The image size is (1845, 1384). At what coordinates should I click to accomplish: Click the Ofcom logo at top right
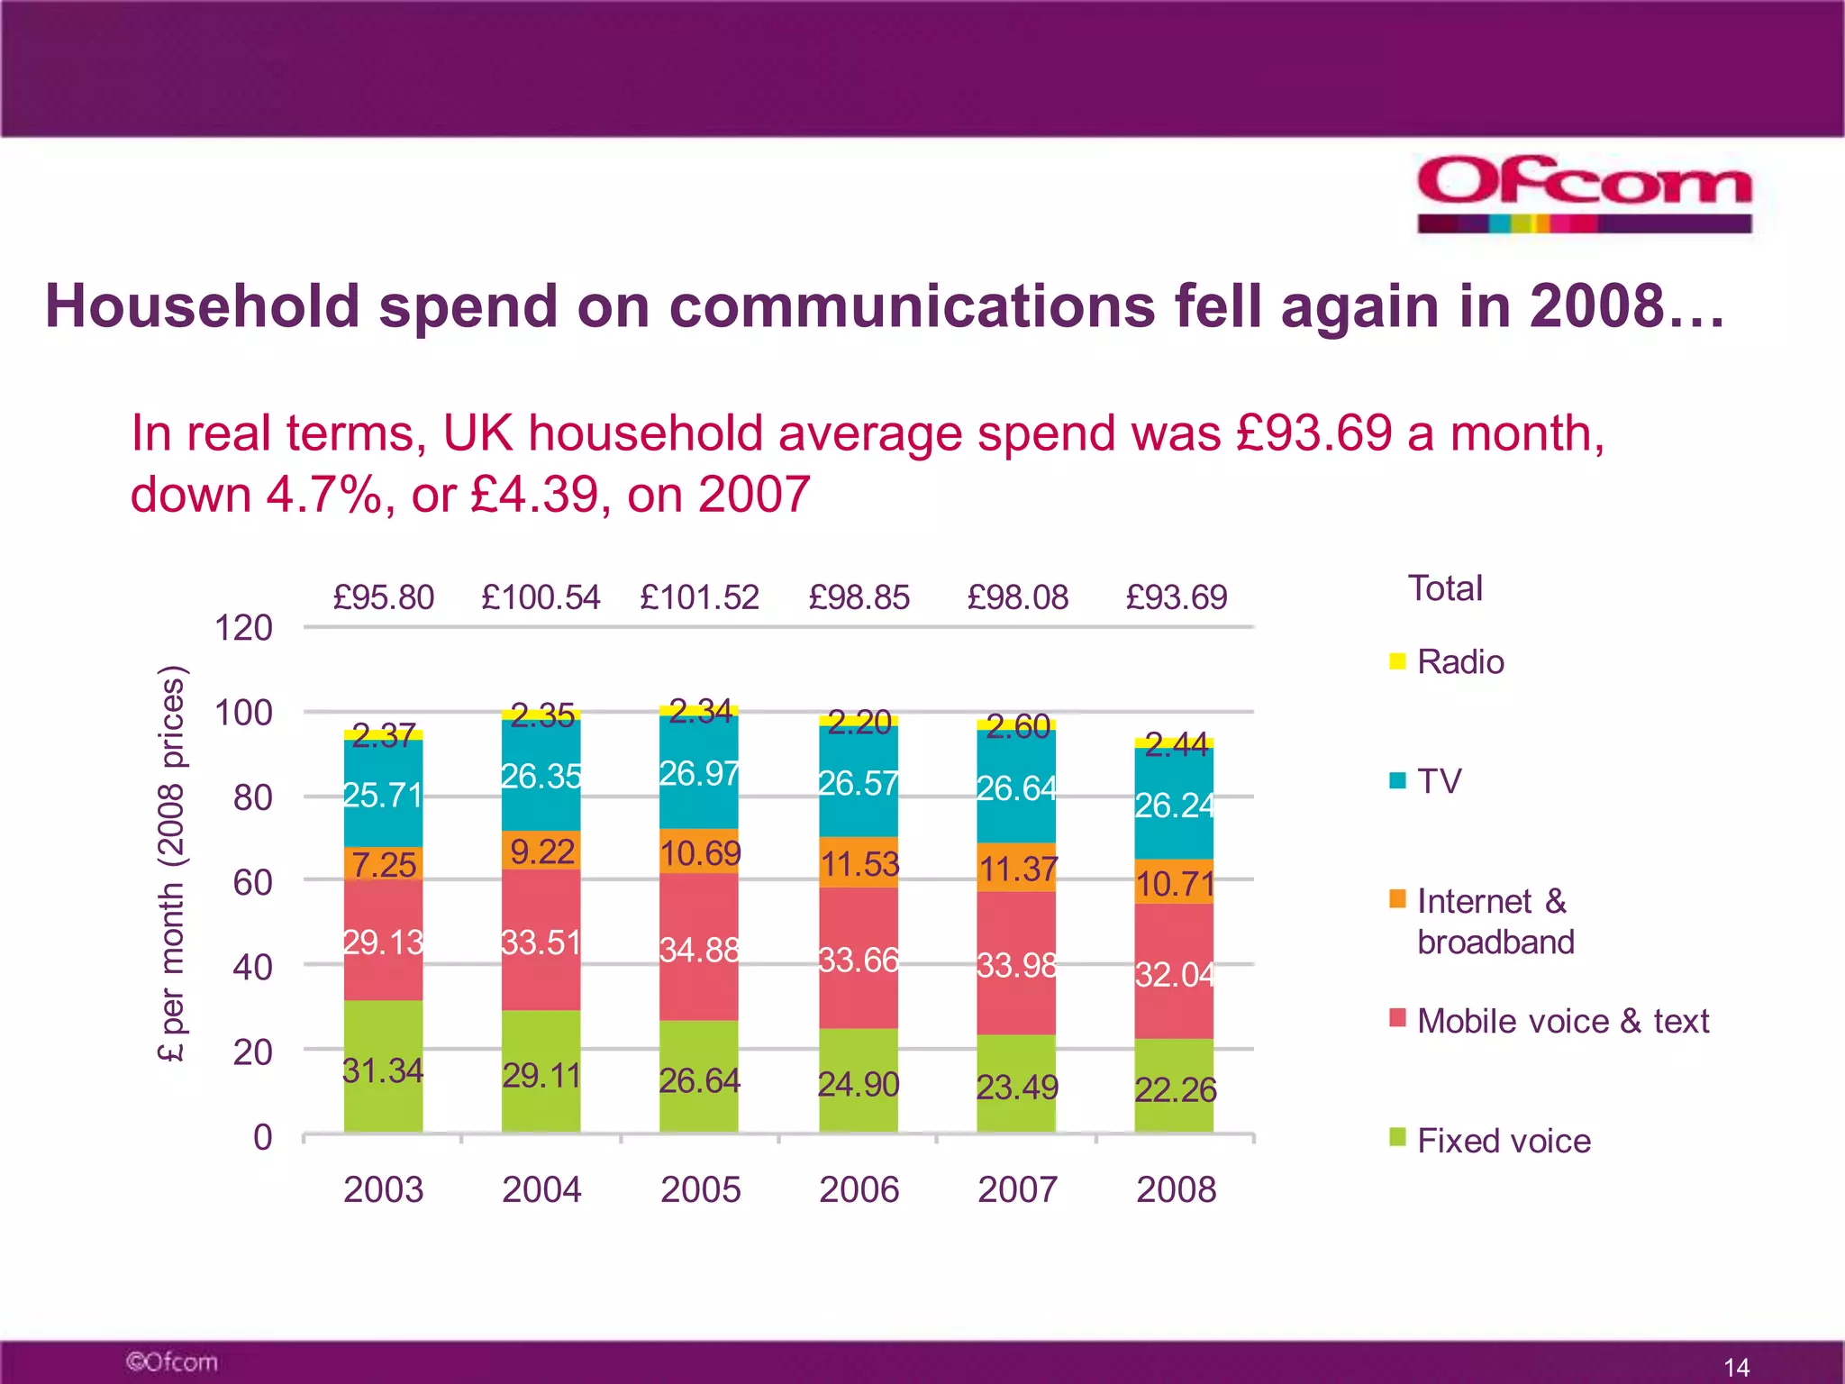pos(1584,194)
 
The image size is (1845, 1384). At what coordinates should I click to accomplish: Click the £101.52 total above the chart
pos(699,597)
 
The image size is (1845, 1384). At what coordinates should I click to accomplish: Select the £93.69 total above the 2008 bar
pos(1176,597)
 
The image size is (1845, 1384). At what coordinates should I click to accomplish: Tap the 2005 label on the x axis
pos(700,1189)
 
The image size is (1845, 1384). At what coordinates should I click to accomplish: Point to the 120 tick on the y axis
pos(243,628)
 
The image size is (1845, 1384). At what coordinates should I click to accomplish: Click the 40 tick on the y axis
pos(252,968)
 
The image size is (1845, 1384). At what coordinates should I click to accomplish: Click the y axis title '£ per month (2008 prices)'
pos(171,863)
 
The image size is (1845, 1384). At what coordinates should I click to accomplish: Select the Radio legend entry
pos(1459,662)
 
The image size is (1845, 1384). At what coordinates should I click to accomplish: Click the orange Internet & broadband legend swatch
pos(1397,899)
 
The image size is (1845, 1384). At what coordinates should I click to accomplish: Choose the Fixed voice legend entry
pos(1503,1141)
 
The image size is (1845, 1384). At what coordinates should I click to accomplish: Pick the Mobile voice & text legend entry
pos(1562,1021)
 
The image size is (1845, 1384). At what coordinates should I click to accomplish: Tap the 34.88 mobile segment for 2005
pos(699,948)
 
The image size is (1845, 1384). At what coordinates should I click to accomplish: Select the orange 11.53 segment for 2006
pos(859,863)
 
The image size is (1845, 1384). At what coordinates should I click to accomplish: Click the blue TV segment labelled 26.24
pos(1174,804)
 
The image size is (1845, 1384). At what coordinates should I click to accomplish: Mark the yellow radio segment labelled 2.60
pos(1016,724)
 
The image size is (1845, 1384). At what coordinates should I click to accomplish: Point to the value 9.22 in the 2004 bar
pos(541,851)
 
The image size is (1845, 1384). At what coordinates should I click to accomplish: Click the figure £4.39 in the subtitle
pos(534,495)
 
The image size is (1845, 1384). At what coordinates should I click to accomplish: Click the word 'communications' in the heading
pos(912,306)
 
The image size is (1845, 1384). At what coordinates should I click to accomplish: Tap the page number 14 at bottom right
pos(1735,1367)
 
